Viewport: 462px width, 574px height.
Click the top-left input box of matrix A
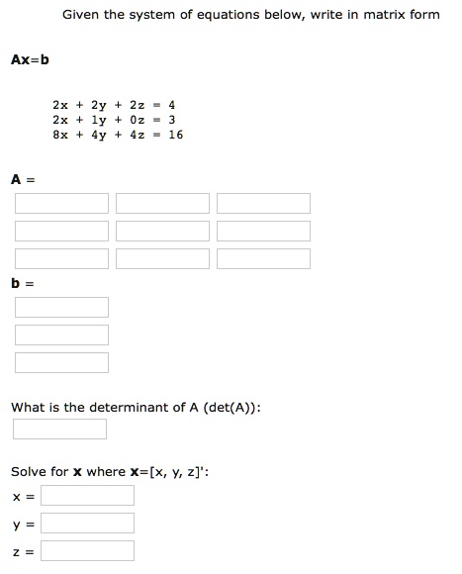61,204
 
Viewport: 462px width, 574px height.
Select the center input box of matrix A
162,232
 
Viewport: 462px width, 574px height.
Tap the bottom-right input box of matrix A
263,259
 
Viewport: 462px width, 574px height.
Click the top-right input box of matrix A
263,204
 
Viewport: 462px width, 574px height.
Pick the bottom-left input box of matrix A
61,259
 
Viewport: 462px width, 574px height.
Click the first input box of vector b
61,308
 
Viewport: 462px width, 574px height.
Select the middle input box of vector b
61,335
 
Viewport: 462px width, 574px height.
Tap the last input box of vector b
61,363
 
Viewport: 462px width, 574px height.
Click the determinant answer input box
59,430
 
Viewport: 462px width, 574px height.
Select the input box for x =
87,495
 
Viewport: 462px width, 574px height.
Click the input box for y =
87,523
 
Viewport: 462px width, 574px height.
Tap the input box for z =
87,550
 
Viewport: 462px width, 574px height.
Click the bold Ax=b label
30,59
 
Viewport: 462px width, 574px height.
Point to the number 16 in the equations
176,135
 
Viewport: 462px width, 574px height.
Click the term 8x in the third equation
60,135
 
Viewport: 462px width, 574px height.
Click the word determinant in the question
134,407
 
